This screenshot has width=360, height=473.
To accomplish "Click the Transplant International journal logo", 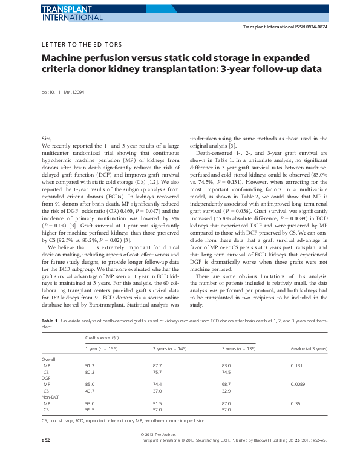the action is tap(72, 13).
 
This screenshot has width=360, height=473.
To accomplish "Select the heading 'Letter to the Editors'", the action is tap(82, 45).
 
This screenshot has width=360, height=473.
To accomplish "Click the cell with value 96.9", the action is tap(90, 409).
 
